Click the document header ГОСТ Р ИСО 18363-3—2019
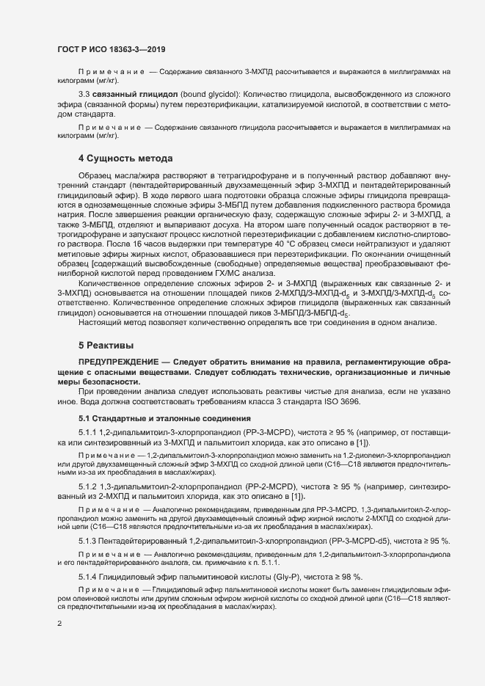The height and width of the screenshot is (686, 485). pos(111,49)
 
